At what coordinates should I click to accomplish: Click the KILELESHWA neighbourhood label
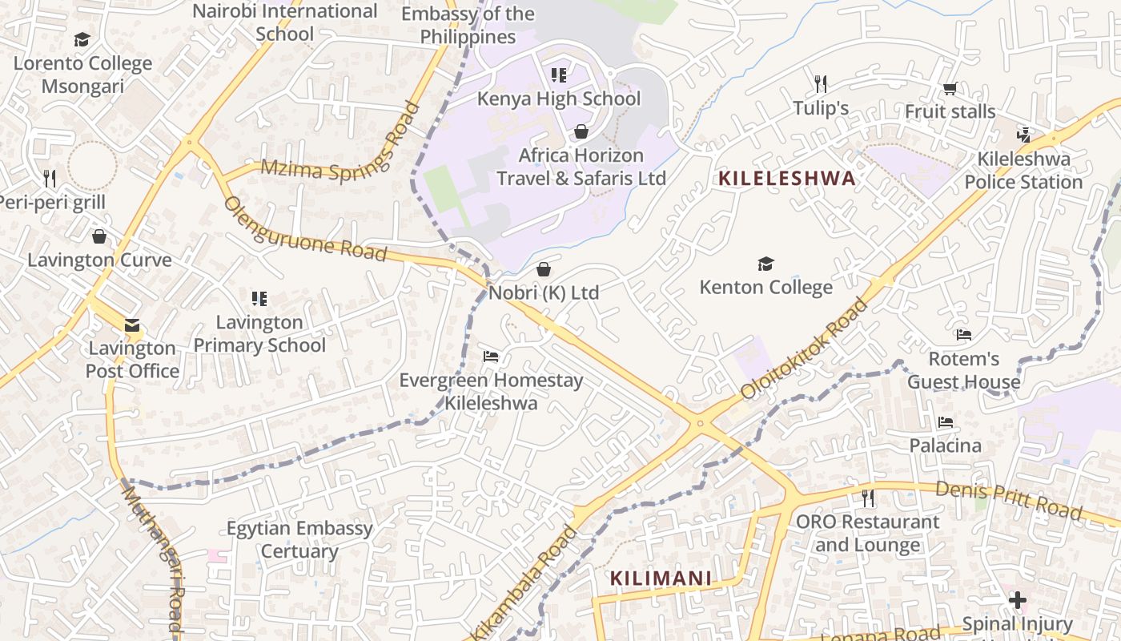pyautogui.click(x=787, y=178)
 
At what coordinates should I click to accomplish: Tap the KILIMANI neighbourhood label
pyautogui.click(x=661, y=578)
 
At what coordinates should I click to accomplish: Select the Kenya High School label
pyautogui.click(x=559, y=99)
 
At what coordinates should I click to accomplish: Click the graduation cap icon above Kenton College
pyautogui.click(x=766, y=264)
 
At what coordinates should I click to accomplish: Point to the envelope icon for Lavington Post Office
pyautogui.click(x=132, y=325)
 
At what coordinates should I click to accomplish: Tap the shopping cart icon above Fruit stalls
pyautogui.click(x=950, y=88)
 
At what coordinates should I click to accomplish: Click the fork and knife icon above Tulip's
pyautogui.click(x=820, y=83)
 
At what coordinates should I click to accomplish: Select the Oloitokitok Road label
pyautogui.click(x=804, y=349)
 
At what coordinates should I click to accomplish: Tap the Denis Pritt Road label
pyautogui.click(x=1009, y=500)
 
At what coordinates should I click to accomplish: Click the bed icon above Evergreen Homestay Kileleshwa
pyautogui.click(x=491, y=357)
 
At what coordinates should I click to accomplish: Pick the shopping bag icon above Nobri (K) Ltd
pyautogui.click(x=544, y=269)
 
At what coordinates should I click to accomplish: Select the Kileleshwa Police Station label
pyautogui.click(x=1023, y=171)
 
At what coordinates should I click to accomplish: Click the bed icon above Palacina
pyautogui.click(x=946, y=421)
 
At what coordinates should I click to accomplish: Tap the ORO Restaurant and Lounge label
pyautogui.click(x=868, y=534)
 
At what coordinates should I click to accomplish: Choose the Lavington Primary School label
pyautogui.click(x=259, y=333)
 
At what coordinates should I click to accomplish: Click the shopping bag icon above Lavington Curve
pyautogui.click(x=99, y=236)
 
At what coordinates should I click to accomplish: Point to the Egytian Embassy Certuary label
pyautogui.click(x=299, y=540)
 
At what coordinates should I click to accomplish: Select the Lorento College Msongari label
pyautogui.click(x=82, y=75)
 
